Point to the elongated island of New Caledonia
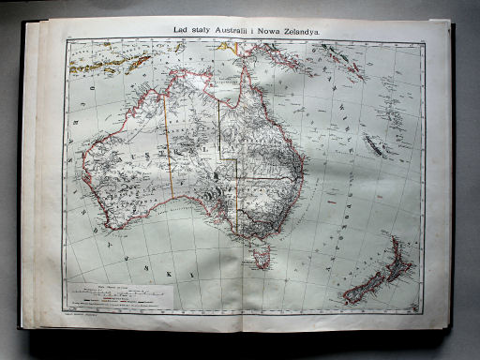(375, 146)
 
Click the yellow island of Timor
(139, 62)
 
